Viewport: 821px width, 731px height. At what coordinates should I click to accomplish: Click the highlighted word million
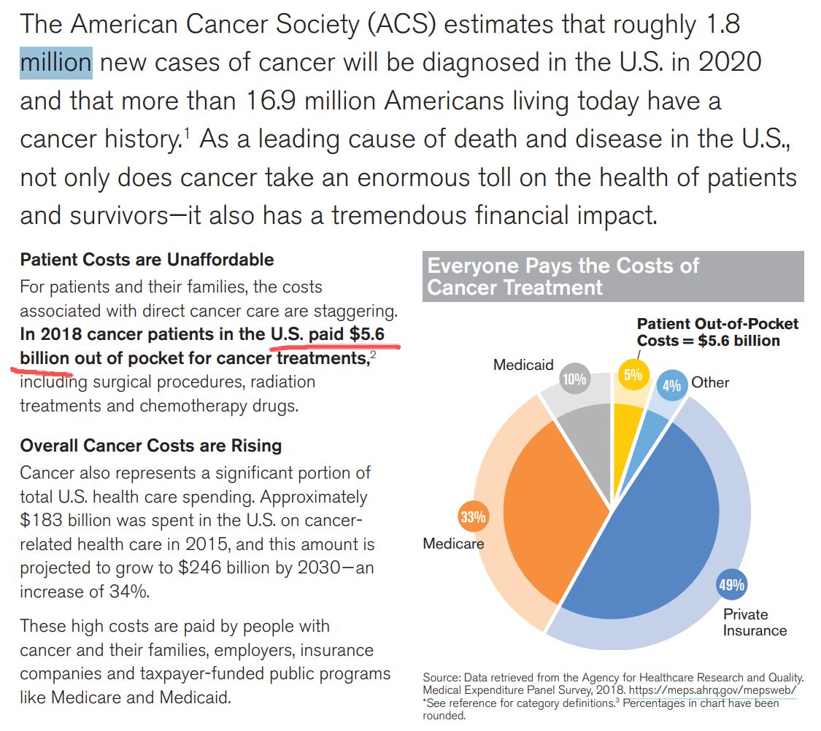coord(55,62)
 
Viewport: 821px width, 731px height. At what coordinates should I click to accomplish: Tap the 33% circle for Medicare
coord(472,517)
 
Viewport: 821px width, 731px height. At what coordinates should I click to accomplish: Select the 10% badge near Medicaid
coord(574,378)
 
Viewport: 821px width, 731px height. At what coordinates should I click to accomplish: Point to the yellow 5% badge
coord(632,375)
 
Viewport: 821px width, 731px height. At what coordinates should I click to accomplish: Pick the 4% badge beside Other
coord(671,385)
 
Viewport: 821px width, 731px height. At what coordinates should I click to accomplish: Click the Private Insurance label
coord(755,622)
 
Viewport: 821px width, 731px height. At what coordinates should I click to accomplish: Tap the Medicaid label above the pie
coord(523,364)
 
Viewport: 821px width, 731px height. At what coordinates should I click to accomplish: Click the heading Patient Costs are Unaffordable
coord(147,260)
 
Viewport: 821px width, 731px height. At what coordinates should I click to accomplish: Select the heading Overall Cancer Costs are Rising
coord(150,445)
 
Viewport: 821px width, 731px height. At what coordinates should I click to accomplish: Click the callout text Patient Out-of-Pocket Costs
coord(717,332)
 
